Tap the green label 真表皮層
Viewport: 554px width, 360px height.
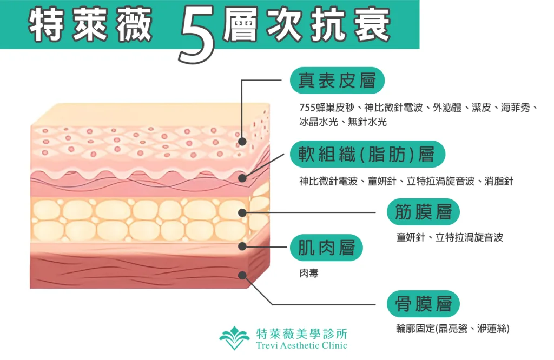[x=337, y=81]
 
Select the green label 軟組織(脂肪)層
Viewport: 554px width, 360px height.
[x=367, y=154]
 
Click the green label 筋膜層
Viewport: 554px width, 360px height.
[x=423, y=212]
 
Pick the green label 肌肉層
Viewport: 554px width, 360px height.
[x=326, y=248]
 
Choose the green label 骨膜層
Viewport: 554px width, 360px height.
[x=423, y=304]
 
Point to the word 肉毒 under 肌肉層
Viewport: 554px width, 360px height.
[x=309, y=273]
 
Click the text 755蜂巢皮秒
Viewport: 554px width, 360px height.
[x=327, y=107]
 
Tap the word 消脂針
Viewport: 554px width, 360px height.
[x=499, y=182]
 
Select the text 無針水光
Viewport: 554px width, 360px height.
[x=367, y=122]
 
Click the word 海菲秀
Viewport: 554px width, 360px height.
[x=516, y=107]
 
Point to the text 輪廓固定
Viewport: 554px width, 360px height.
[x=415, y=329]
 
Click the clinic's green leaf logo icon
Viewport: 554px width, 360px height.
[x=234, y=338]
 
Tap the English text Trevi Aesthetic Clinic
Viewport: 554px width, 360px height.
[x=302, y=345]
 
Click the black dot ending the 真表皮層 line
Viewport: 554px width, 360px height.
[x=242, y=142]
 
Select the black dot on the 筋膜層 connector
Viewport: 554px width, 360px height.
[x=242, y=213]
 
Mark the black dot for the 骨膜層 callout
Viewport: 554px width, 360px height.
[x=242, y=275]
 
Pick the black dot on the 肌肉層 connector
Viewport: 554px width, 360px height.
[x=242, y=246]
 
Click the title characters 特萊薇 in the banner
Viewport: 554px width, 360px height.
[x=90, y=25]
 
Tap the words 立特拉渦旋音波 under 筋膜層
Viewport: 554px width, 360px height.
[x=469, y=237]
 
